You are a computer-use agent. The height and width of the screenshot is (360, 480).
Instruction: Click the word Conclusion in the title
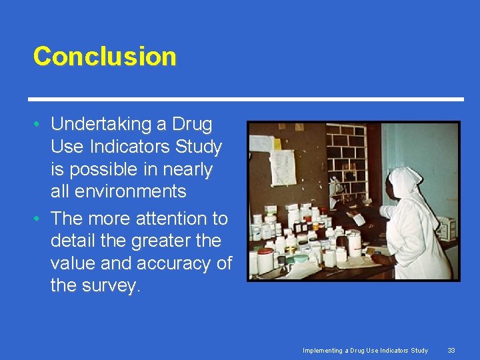pyautogui.click(x=105, y=56)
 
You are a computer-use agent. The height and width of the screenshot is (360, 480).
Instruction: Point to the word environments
pyautogui.click(x=118, y=192)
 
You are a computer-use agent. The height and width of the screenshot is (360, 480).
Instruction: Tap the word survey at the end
pyautogui.click(x=111, y=286)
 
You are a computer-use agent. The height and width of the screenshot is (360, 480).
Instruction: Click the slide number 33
pyautogui.click(x=451, y=351)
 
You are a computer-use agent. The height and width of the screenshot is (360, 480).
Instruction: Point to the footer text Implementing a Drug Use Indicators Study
pyautogui.click(x=365, y=351)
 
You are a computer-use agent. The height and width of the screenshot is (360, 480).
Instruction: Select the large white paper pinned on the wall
pyautogui.click(x=282, y=167)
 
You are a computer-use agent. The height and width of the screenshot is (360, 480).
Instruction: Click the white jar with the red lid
pyautogui.click(x=265, y=260)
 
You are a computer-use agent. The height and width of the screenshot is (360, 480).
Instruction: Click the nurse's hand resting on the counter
pyautogui.click(x=377, y=256)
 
